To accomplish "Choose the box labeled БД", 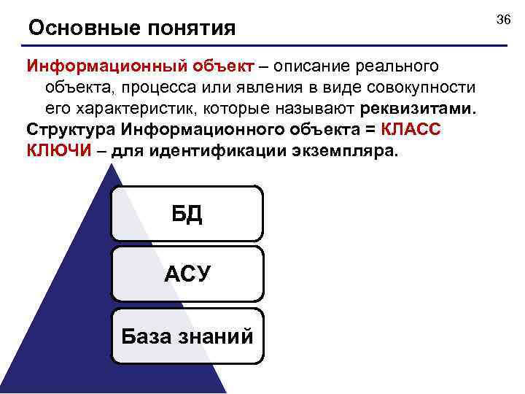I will tap(187, 213).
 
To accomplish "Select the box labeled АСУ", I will tap(187, 274).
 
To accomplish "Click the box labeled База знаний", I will tap(187, 336).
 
